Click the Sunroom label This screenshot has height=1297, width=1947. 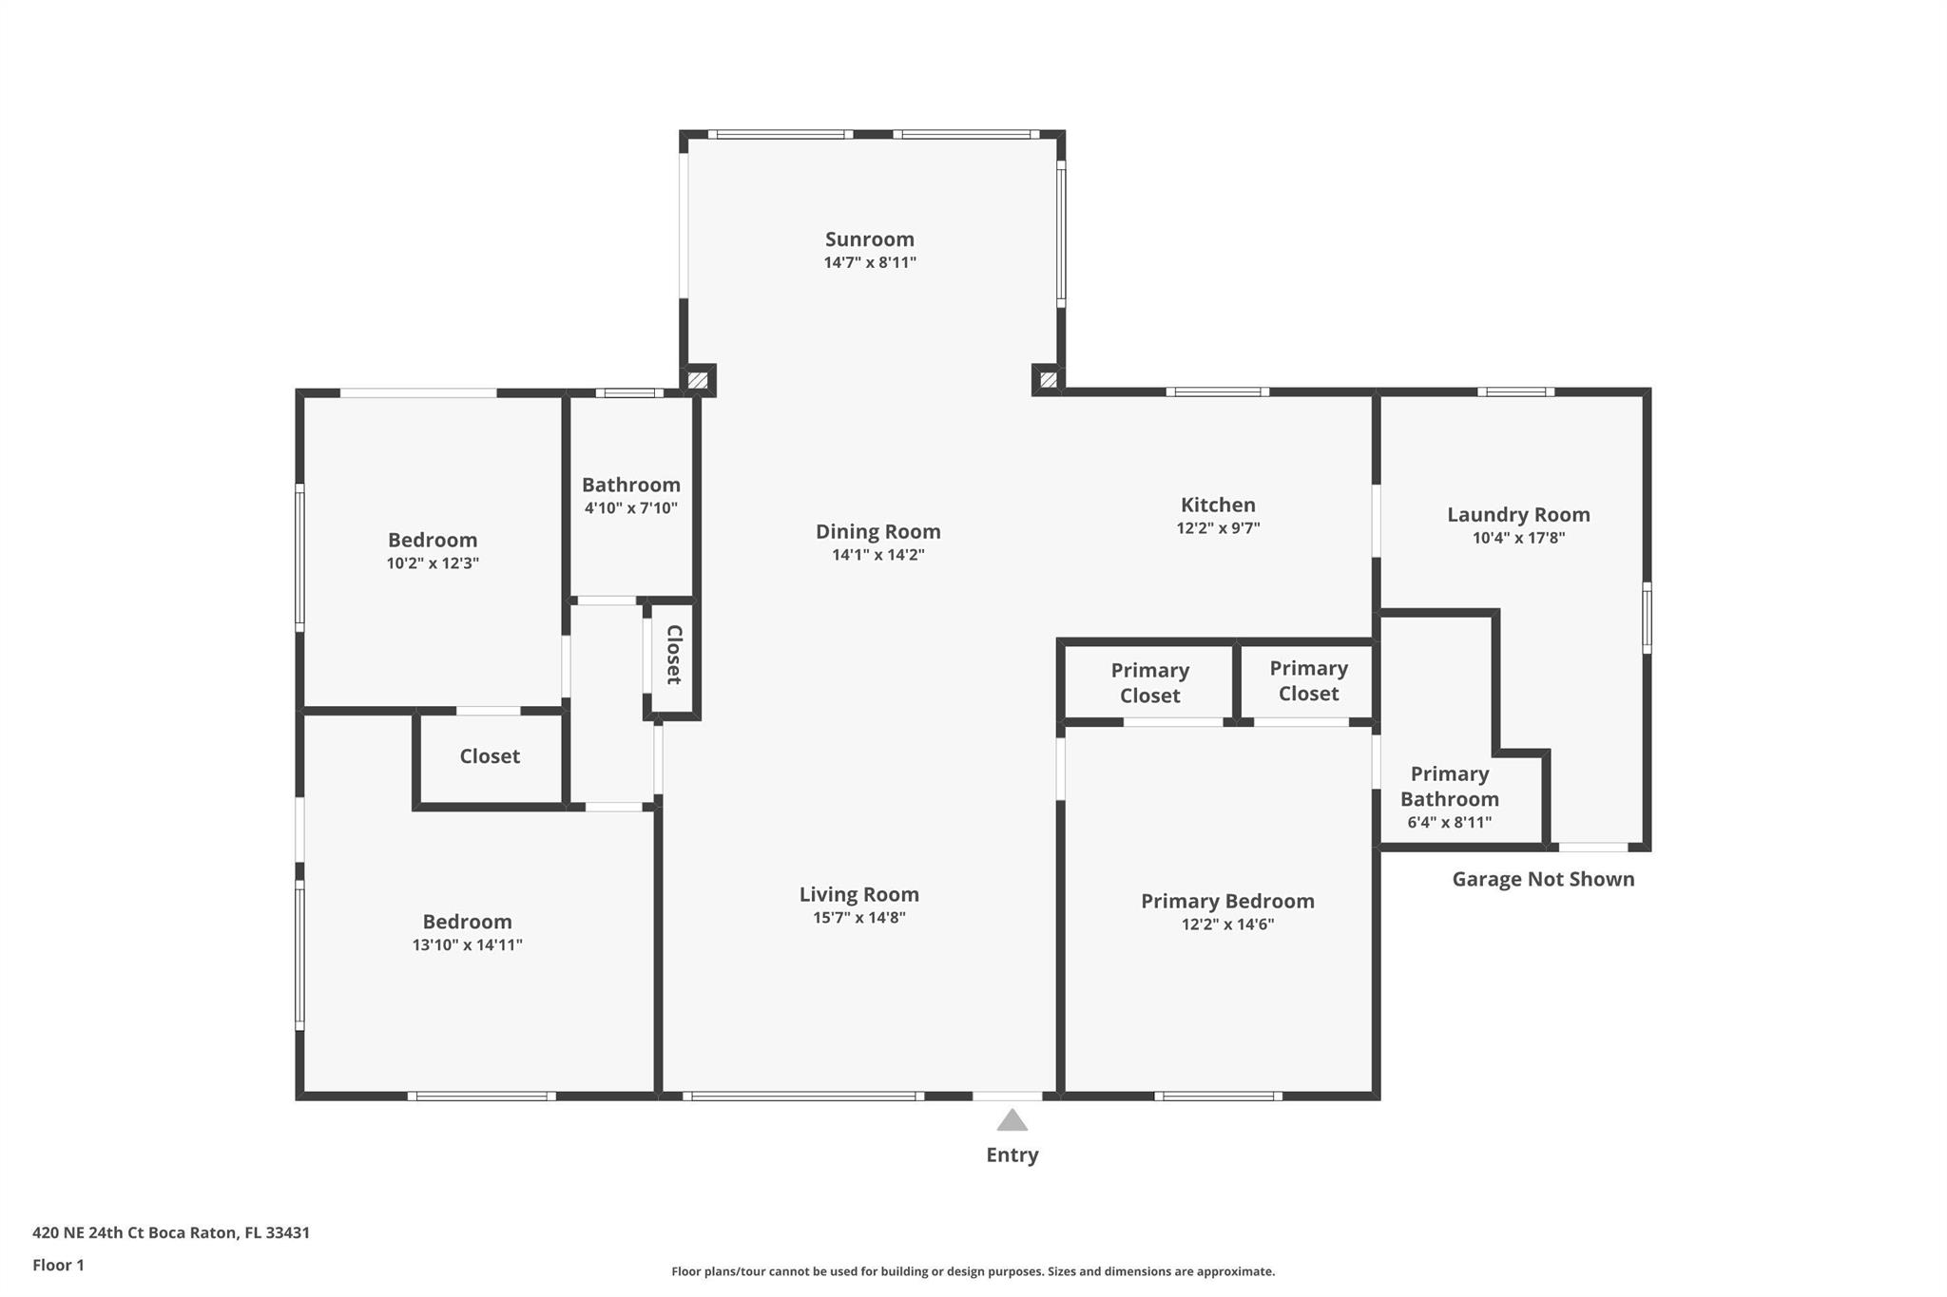click(869, 239)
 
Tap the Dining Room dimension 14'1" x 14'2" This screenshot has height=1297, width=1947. click(877, 555)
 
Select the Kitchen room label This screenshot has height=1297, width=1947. click(1218, 505)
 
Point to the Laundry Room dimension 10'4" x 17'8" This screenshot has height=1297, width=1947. click(1518, 538)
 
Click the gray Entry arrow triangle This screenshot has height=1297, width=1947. click(1012, 1120)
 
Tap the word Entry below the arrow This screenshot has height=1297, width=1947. click(1012, 1155)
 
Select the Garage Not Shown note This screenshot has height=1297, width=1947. click(1543, 879)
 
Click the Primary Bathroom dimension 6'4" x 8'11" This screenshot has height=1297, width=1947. click(1449, 823)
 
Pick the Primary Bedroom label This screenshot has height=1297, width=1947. click(1227, 901)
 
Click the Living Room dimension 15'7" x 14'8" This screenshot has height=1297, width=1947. click(858, 918)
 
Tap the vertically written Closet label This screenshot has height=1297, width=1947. click(674, 655)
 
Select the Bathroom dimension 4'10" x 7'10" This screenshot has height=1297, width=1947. click(630, 508)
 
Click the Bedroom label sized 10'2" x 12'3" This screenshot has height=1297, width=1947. click(432, 540)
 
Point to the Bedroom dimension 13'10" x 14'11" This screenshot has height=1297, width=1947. click(467, 945)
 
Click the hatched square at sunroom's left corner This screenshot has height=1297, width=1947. click(697, 380)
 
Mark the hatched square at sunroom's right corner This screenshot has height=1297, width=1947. click(1048, 380)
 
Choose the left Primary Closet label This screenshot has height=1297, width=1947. click(1149, 683)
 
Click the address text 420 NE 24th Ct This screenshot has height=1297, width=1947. click(90, 1233)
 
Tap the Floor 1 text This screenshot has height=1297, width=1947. click(58, 1266)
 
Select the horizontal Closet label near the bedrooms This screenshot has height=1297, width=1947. click(490, 756)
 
